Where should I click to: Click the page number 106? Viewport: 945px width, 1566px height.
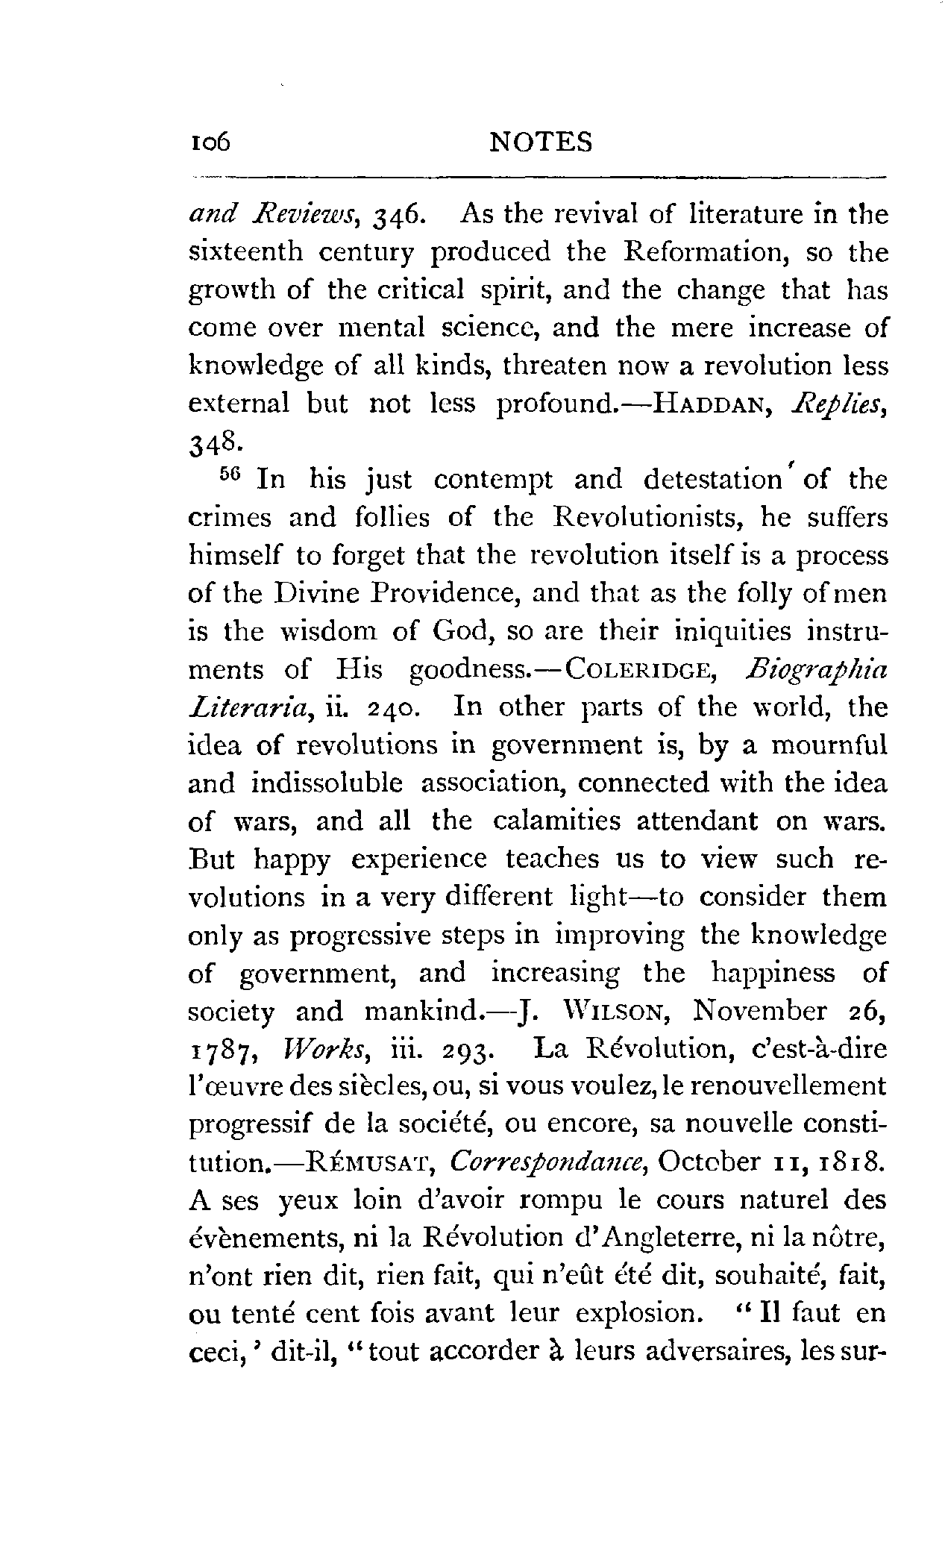(211, 142)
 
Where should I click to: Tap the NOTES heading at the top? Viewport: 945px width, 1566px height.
(541, 142)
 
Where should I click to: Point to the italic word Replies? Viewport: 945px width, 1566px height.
(840, 404)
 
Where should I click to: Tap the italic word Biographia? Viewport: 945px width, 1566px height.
(816, 670)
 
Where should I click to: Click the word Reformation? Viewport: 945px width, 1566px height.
(706, 252)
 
